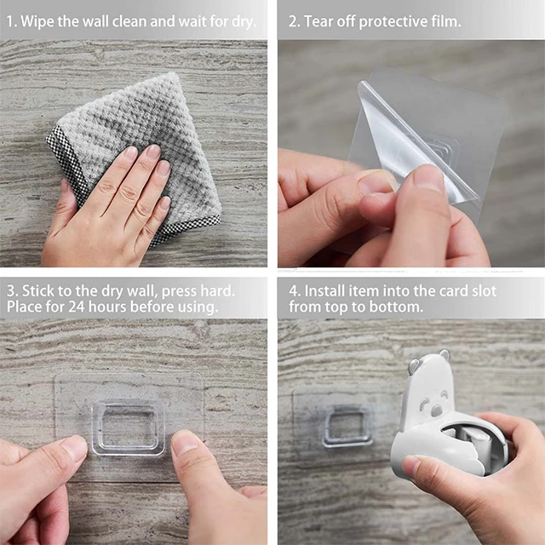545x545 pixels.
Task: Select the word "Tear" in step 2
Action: tap(318, 21)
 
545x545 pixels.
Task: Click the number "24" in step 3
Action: tap(76, 307)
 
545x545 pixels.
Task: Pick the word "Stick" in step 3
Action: tap(37, 291)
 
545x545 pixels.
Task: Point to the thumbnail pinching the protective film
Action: tap(428, 179)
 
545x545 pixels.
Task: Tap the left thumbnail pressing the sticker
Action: tap(74, 448)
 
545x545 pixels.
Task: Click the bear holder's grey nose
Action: tap(436, 410)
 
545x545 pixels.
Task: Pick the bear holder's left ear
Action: tap(413, 366)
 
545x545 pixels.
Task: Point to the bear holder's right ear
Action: tap(445, 356)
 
